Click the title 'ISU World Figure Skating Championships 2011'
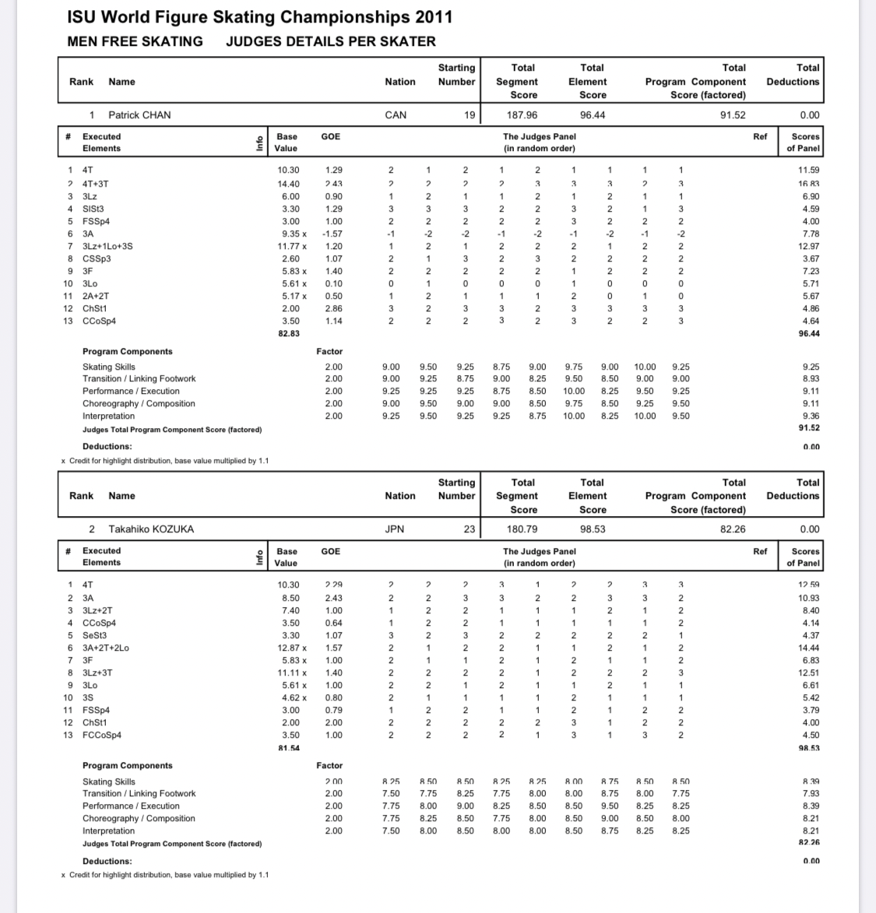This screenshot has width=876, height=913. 259,17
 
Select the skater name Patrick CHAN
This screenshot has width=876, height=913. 139,115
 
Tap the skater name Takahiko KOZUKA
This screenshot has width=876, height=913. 151,529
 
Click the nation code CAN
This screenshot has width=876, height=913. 396,115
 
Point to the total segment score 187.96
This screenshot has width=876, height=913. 522,115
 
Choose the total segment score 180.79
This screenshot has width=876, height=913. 522,529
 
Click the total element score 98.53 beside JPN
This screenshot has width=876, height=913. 592,529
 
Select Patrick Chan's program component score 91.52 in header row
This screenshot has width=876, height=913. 733,115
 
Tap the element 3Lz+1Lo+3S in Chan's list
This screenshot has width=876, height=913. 107,246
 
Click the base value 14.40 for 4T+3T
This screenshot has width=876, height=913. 288,184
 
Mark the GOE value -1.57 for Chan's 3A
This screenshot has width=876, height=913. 332,234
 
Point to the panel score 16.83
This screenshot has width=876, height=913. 808,184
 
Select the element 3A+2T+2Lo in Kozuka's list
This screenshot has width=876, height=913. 106,648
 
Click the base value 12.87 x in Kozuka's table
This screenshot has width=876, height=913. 292,648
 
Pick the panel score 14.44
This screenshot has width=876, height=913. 808,648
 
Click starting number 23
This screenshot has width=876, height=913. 469,529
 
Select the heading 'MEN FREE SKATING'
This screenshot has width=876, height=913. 135,42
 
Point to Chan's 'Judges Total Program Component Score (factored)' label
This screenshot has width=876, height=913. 172,430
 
